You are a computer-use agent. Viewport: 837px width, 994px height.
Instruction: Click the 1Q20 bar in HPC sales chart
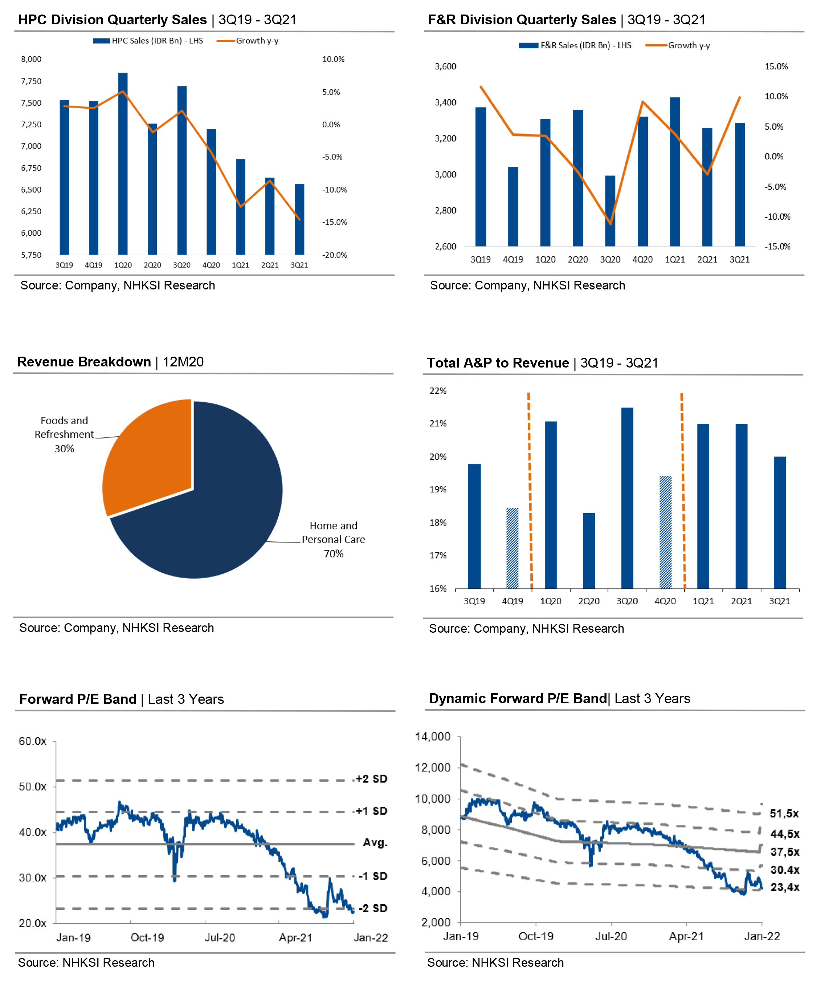[x=123, y=164]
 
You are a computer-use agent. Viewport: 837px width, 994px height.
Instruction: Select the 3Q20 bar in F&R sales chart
[x=610, y=211]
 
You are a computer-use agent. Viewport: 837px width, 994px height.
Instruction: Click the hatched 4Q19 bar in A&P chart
[x=512, y=548]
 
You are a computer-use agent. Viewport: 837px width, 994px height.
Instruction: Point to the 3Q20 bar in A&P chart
[x=627, y=498]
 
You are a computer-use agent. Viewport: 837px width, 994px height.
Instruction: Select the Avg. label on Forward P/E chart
[x=375, y=843]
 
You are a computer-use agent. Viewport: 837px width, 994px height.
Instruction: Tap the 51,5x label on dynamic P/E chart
[x=784, y=814]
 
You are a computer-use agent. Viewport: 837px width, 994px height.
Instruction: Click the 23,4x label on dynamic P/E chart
[x=785, y=887]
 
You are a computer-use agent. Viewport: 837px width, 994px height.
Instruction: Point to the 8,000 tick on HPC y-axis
[x=31, y=59]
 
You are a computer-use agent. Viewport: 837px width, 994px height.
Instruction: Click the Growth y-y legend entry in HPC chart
[x=257, y=41]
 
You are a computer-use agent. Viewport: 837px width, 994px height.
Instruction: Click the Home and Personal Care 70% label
[x=333, y=539]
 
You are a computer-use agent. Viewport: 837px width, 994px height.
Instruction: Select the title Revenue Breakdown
[x=84, y=362]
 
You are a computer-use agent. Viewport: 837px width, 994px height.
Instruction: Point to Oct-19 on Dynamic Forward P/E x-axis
[x=536, y=936]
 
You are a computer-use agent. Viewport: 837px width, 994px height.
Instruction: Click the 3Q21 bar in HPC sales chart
[x=299, y=219]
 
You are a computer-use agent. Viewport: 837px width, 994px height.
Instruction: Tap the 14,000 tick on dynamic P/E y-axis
[x=432, y=737]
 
